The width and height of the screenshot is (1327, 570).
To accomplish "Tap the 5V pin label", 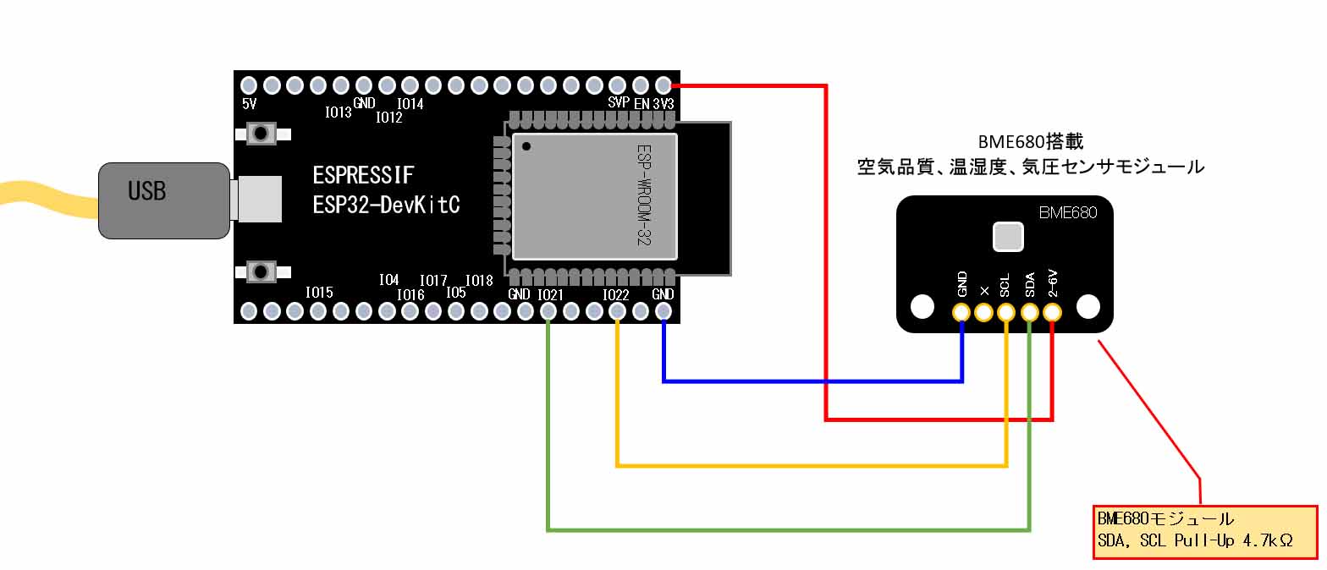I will tap(249, 104).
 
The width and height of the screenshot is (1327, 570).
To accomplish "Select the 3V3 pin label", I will tap(664, 103).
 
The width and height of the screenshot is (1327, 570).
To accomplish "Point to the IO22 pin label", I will tap(615, 294).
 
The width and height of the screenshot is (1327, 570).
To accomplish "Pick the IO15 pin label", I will tap(319, 292).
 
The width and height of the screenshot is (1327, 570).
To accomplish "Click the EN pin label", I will tap(641, 103).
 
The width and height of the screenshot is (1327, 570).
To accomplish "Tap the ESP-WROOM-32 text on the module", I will tap(644, 195).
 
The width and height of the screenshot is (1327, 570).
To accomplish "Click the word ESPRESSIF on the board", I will tap(364, 176).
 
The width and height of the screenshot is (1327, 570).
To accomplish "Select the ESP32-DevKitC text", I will tap(386, 205).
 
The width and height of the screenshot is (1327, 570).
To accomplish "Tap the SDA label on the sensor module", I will tap(1029, 285).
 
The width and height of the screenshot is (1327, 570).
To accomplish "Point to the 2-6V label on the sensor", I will tap(1052, 283).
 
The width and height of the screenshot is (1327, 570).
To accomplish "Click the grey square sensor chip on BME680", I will tap(1006, 237).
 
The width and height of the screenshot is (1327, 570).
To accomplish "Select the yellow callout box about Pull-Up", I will tap(1205, 532).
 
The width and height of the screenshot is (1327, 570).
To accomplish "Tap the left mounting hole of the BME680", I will tap(922, 306).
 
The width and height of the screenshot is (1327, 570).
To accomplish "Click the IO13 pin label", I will tap(338, 112).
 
